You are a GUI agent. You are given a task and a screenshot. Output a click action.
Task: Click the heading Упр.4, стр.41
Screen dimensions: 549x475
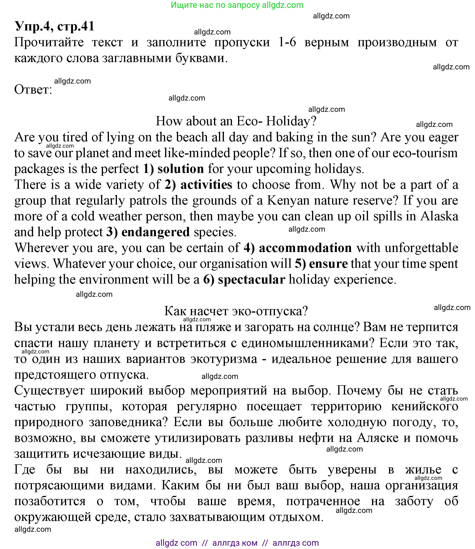click(54, 26)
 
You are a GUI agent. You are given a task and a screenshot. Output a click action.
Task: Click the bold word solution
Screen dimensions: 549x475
click(181, 169)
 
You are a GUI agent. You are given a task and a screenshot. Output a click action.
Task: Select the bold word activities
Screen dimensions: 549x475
click(206, 185)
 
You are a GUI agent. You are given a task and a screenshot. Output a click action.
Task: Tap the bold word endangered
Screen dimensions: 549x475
click(155, 232)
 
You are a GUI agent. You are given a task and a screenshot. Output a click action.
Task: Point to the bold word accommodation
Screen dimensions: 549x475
click(305, 248)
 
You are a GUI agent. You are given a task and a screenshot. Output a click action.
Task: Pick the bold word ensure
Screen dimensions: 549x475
click(328, 264)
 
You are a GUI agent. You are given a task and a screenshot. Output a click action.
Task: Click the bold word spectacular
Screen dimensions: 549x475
click(251, 280)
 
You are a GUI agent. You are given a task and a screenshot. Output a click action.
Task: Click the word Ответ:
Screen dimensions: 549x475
click(33, 90)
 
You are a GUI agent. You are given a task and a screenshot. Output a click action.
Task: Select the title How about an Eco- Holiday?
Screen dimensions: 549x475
click(236, 121)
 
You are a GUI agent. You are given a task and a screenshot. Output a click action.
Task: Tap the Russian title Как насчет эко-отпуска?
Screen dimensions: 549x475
click(236, 311)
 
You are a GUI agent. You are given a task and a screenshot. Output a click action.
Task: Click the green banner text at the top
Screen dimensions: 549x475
click(237, 5)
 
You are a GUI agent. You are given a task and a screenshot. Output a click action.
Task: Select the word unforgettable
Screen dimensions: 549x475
click(421, 248)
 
